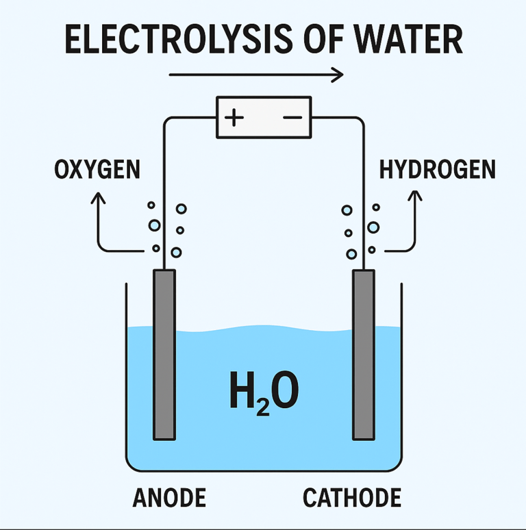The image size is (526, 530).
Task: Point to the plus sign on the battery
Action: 234,118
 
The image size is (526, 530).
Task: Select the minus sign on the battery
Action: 292,118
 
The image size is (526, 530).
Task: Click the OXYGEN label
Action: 97,169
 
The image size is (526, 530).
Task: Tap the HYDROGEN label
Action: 437,169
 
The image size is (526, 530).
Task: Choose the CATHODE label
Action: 352,498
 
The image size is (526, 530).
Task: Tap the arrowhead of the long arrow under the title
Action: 338,74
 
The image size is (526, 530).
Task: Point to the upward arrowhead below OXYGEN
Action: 99,197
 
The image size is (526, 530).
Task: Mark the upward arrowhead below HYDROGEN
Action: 414,195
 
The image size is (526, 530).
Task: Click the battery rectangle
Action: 264,118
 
